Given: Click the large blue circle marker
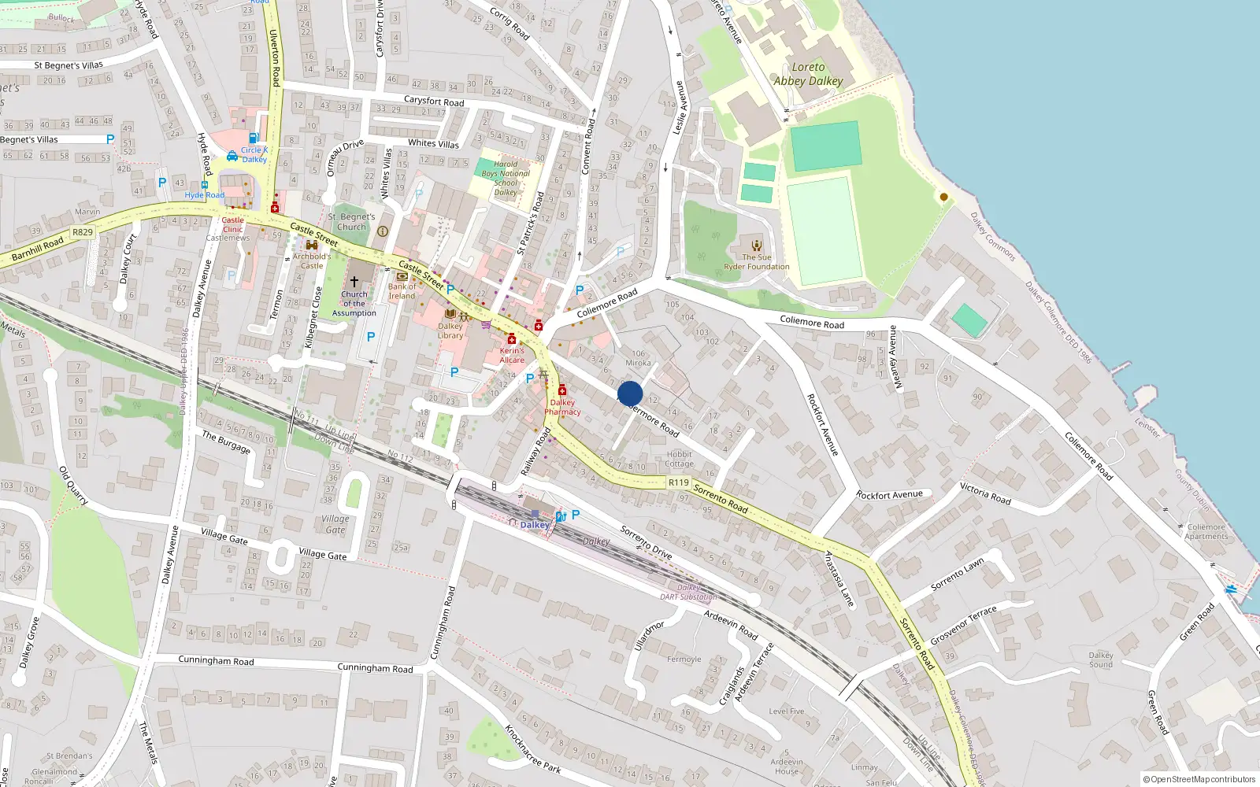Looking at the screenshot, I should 630,393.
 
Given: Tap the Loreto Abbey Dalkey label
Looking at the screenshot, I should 808,74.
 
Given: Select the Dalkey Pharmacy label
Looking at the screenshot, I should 562,407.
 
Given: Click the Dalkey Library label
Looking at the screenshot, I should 450,331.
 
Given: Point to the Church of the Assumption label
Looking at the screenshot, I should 354,303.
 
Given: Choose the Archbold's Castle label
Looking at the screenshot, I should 312,260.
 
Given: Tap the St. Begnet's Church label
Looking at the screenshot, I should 351,222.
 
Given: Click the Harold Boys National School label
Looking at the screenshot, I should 506,178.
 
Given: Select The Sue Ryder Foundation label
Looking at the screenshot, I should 756,262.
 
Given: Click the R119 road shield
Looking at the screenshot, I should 678,482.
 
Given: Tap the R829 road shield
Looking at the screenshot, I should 83,232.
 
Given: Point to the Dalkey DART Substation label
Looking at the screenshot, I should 688,592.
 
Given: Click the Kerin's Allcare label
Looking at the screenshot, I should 512,355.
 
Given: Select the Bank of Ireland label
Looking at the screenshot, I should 402,291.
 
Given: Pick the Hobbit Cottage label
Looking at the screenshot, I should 680,459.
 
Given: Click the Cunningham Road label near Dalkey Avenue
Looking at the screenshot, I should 216,660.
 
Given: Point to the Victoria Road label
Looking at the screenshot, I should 985,493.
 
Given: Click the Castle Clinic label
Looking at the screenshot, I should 233,225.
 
